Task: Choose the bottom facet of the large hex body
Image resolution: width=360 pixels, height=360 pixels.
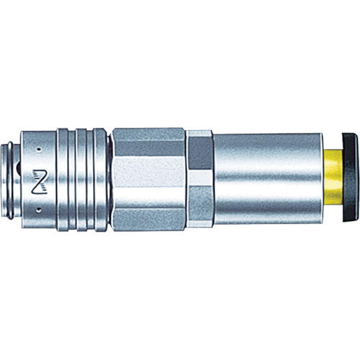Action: [148, 219]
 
